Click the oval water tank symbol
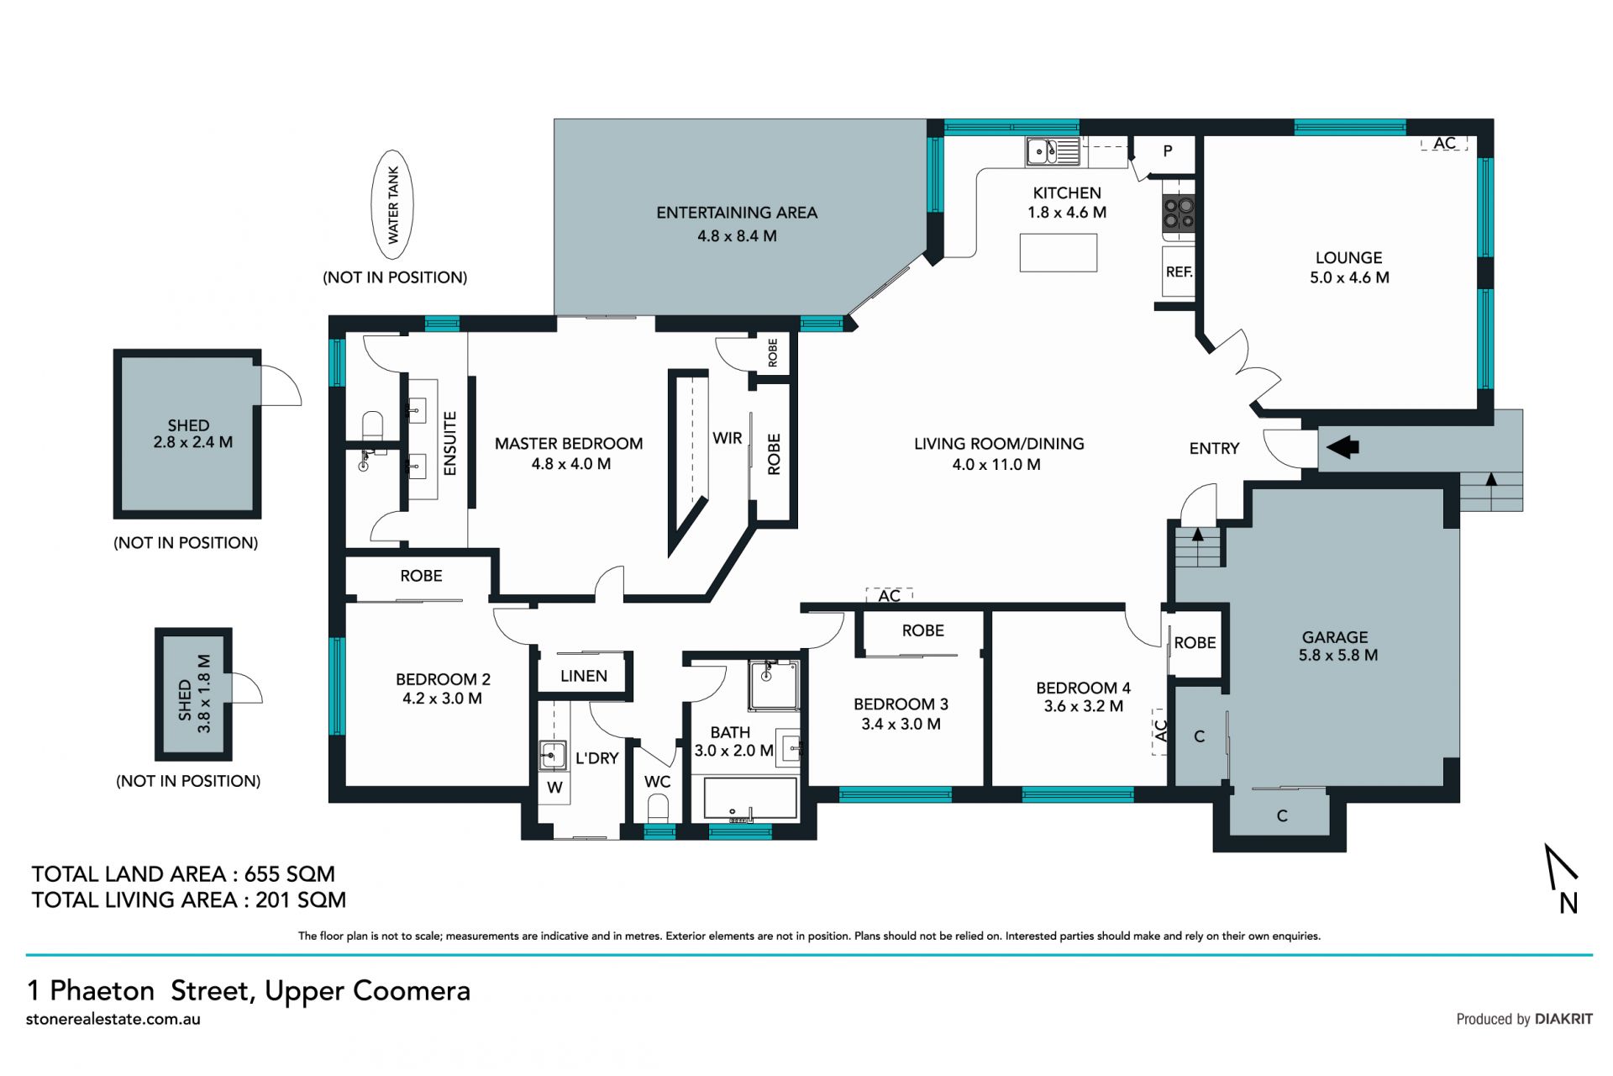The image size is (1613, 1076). (x=392, y=204)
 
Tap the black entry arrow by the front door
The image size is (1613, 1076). (x=1342, y=446)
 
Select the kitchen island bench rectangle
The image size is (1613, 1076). (x=1059, y=252)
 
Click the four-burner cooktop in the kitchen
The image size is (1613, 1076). (x=1179, y=214)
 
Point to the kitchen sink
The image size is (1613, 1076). (x=1053, y=152)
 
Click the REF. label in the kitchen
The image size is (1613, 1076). (x=1179, y=272)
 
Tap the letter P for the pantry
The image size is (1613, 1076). (x=1168, y=151)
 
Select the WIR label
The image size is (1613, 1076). (x=727, y=438)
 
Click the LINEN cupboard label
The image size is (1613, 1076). (x=584, y=676)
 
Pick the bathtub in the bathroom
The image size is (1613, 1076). (x=750, y=799)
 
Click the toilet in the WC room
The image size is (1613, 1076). (x=659, y=809)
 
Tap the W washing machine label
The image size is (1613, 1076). (x=554, y=788)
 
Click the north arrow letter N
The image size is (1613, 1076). (x=1568, y=903)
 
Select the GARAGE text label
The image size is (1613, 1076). (x=1335, y=637)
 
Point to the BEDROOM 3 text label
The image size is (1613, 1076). (x=901, y=704)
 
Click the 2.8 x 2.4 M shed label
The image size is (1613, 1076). (x=193, y=442)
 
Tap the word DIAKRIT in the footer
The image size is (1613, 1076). (x=1563, y=1019)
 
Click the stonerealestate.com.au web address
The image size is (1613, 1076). (x=113, y=1019)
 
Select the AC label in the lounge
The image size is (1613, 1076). (x=1444, y=144)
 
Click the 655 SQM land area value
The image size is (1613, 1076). (x=290, y=874)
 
